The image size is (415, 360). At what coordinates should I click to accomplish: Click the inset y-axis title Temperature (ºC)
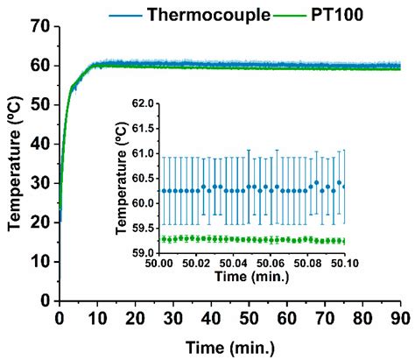click(x=122, y=176)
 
